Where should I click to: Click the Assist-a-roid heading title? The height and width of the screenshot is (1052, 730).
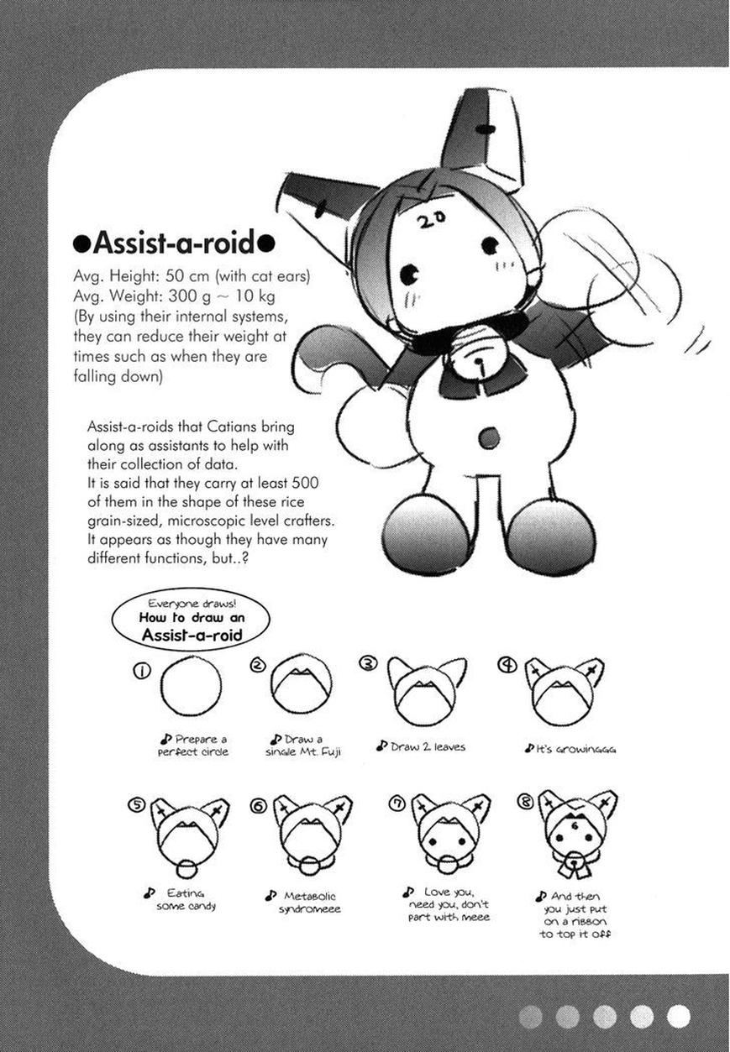(174, 243)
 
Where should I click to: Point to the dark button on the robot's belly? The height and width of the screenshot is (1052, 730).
(488, 437)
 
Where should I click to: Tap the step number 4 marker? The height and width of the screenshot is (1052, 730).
(507, 666)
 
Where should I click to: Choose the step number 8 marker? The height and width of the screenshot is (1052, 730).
(526, 802)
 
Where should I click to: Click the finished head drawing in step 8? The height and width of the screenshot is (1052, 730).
(576, 830)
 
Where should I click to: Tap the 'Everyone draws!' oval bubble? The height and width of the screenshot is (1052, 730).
(192, 620)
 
